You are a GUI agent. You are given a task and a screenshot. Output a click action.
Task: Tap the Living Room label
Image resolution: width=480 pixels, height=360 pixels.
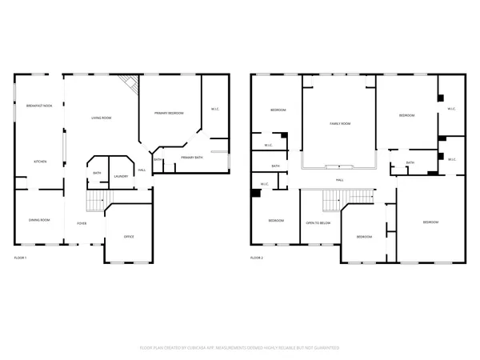100,118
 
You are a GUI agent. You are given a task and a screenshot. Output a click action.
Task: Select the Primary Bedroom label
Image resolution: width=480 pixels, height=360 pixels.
169,114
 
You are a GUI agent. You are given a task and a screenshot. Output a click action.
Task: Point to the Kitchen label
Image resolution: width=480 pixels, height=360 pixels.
39,162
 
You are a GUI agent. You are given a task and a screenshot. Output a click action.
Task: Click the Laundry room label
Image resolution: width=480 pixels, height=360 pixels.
121,176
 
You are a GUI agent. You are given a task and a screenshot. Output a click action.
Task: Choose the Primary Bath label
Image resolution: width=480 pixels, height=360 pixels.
192,158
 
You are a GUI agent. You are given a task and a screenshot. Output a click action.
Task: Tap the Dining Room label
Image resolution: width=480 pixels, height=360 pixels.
39,220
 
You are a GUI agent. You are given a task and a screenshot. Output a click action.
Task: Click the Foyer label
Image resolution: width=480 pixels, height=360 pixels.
82,223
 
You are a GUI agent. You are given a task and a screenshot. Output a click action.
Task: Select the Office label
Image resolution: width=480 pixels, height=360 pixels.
129,237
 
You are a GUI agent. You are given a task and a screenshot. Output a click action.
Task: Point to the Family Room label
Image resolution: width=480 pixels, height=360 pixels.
339,124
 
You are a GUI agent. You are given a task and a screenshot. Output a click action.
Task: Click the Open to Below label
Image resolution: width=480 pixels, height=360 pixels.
318,223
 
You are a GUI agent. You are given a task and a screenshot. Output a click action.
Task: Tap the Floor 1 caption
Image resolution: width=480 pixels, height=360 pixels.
21,258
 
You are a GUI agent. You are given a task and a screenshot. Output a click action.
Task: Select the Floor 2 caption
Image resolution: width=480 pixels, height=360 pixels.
257,258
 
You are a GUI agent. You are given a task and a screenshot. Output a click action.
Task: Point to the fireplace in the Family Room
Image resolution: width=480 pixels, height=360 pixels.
339,166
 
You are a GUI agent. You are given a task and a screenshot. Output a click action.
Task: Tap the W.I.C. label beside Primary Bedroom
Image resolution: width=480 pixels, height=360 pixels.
215,109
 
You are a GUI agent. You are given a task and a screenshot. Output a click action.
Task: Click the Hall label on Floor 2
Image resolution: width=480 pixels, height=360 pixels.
339,180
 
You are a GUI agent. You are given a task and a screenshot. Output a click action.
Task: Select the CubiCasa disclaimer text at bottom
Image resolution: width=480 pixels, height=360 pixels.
240,348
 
